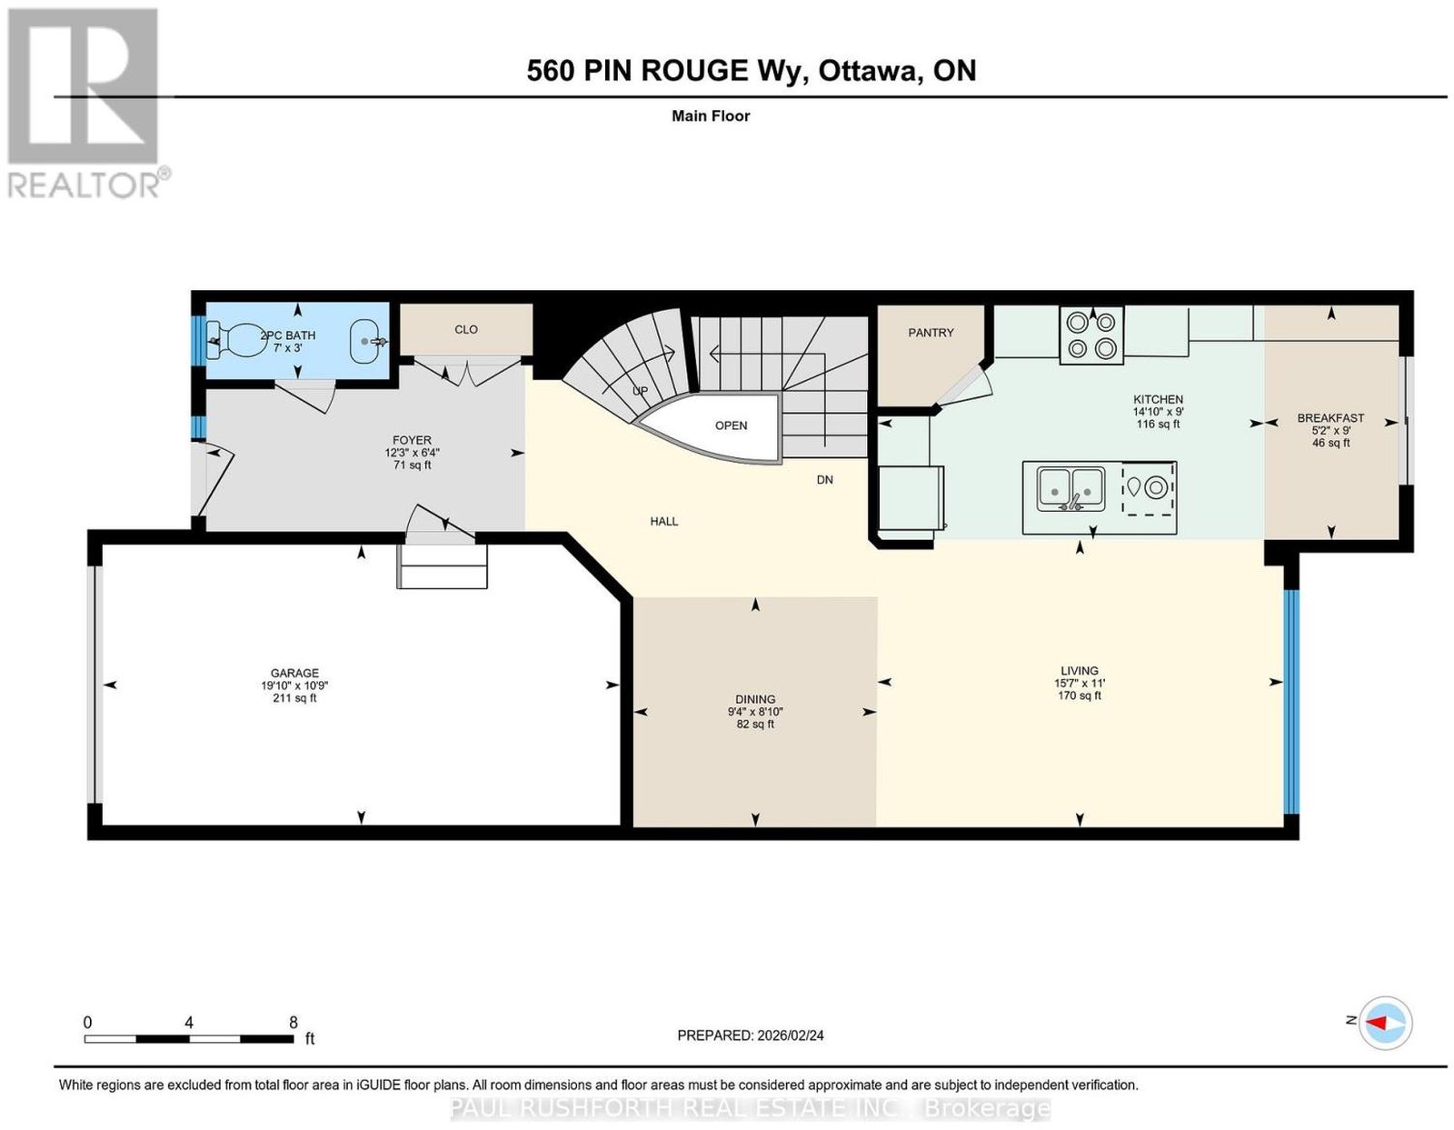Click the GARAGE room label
click(x=294, y=673)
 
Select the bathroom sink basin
click(x=366, y=342)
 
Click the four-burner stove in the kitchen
click(x=1090, y=335)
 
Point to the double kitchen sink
click(x=1071, y=489)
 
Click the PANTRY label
click(x=931, y=333)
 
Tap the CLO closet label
click(x=465, y=329)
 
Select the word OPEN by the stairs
click(x=731, y=425)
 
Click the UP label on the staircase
click(x=641, y=391)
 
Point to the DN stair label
click(x=824, y=480)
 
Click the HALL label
click(x=663, y=521)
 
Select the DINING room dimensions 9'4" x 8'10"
click(x=755, y=712)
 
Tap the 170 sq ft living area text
click(x=1079, y=695)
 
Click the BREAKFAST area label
click(x=1330, y=418)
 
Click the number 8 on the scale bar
click(x=294, y=1023)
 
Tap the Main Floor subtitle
click(x=711, y=115)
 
